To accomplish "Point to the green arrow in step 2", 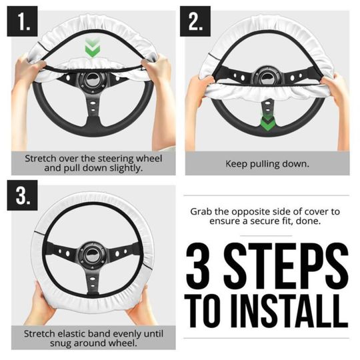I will point(268,123).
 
